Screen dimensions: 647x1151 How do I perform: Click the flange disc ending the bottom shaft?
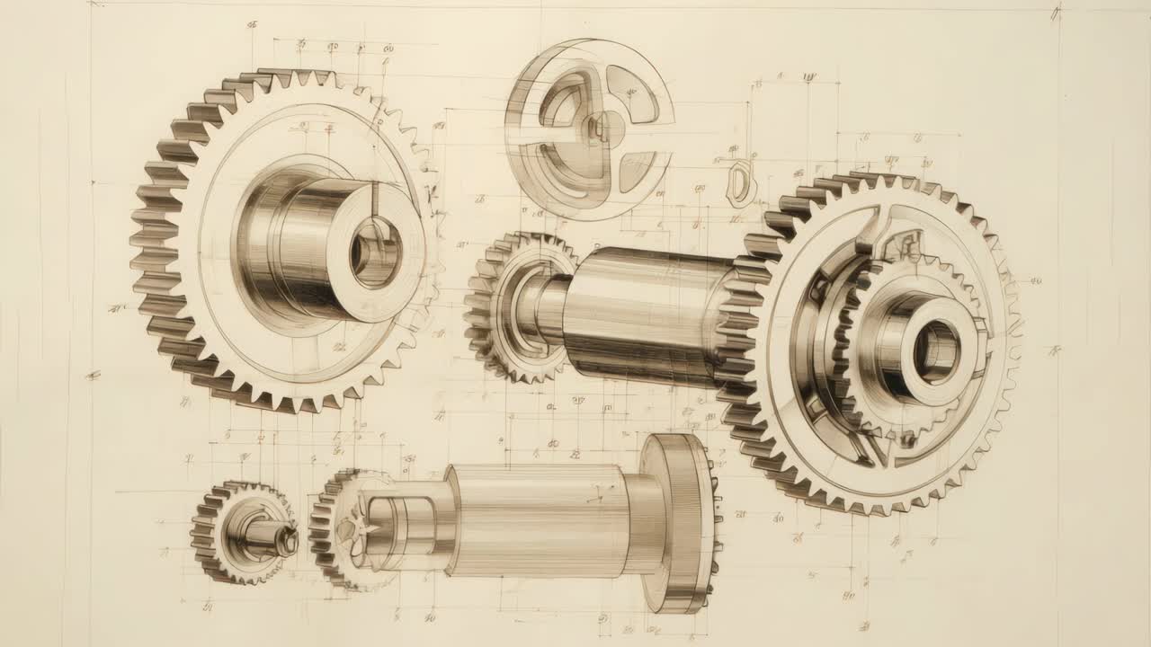tap(682, 523)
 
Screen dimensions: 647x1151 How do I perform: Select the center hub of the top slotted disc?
tap(594, 130)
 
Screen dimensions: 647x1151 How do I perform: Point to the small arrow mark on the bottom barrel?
tap(595, 496)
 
